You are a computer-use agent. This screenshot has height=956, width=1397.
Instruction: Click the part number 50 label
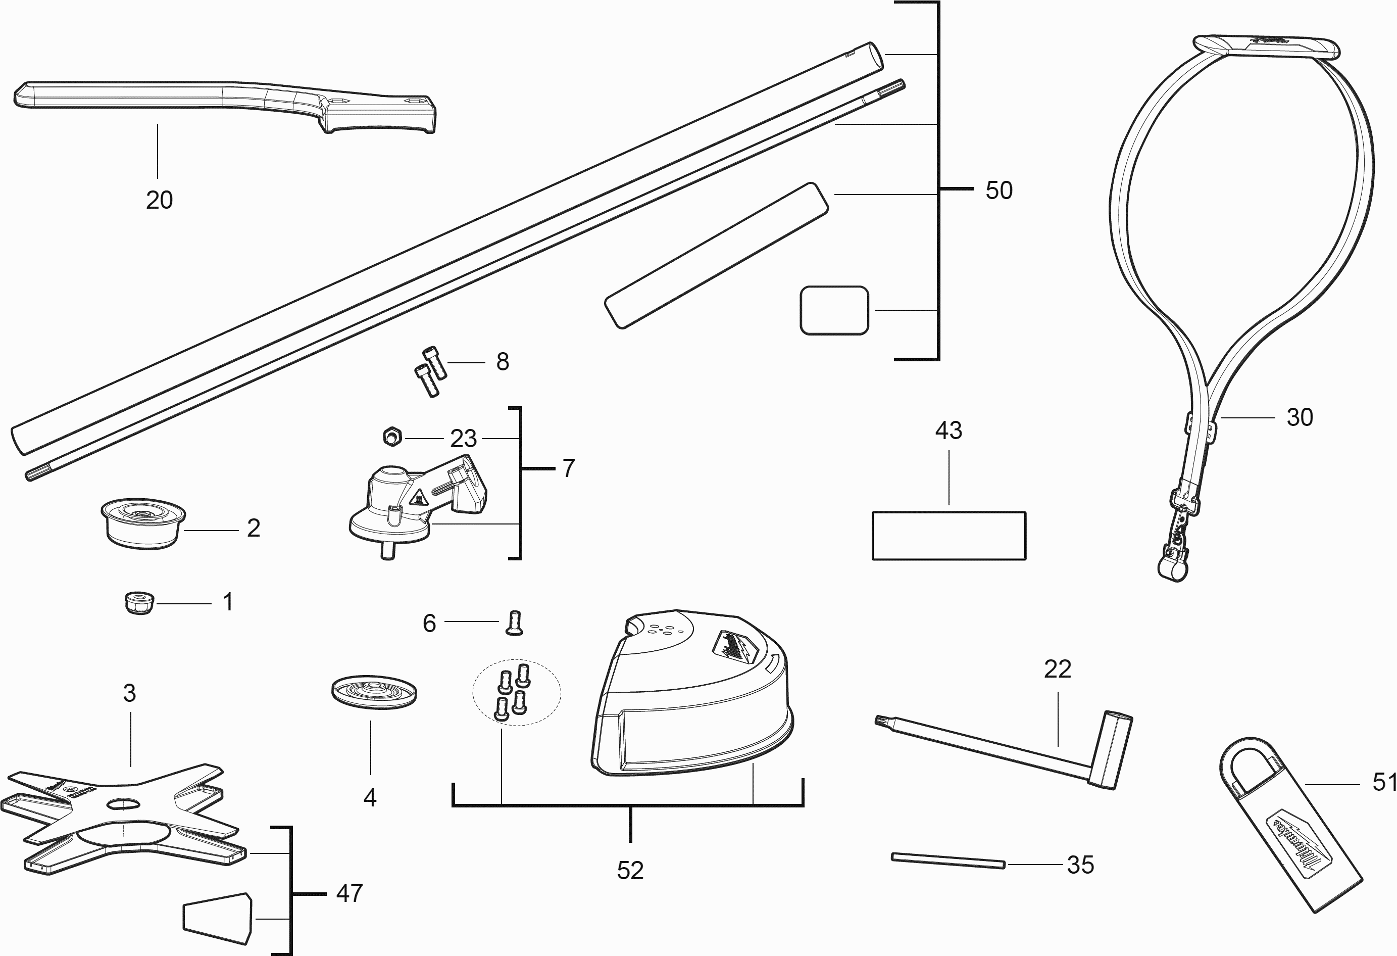point(999,190)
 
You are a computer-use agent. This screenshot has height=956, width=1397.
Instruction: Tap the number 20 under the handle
point(159,200)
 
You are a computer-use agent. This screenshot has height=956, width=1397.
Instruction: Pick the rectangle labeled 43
point(949,535)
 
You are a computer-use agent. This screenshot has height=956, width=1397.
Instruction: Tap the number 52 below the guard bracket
point(630,871)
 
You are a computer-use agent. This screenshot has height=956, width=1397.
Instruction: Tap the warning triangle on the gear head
point(418,497)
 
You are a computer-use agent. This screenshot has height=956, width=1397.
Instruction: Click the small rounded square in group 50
point(834,310)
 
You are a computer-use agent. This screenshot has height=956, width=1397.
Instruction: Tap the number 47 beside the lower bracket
point(350,893)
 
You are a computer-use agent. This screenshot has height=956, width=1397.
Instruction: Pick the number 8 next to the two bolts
point(503,362)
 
